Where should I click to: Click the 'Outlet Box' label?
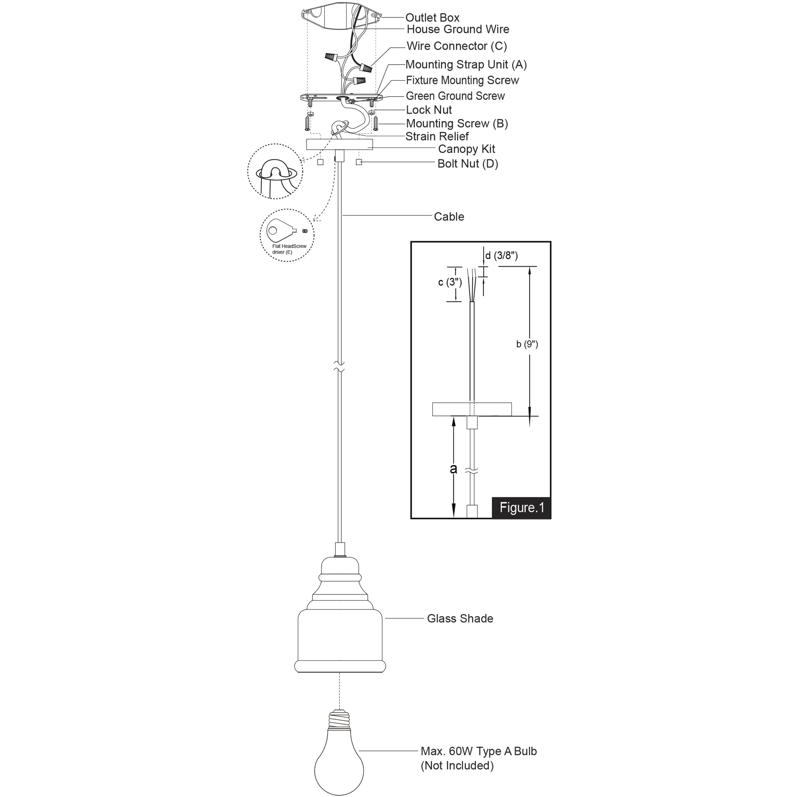(x=432, y=18)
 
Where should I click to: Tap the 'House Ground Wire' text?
(x=458, y=29)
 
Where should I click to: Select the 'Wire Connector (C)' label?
(x=456, y=46)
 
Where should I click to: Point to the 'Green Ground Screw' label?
(x=455, y=96)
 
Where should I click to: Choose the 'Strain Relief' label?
(x=437, y=136)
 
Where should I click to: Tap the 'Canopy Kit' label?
(x=466, y=149)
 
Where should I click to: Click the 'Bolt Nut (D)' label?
(x=468, y=164)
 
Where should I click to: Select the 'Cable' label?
(x=449, y=217)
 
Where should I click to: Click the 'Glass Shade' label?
(x=460, y=619)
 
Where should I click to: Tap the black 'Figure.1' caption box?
(x=522, y=508)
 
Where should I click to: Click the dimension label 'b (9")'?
(x=527, y=344)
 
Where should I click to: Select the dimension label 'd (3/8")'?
(x=501, y=256)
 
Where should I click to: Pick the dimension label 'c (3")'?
(x=450, y=283)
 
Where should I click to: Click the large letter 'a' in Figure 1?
(x=453, y=469)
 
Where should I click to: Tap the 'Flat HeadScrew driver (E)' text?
(x=289, y=249)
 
